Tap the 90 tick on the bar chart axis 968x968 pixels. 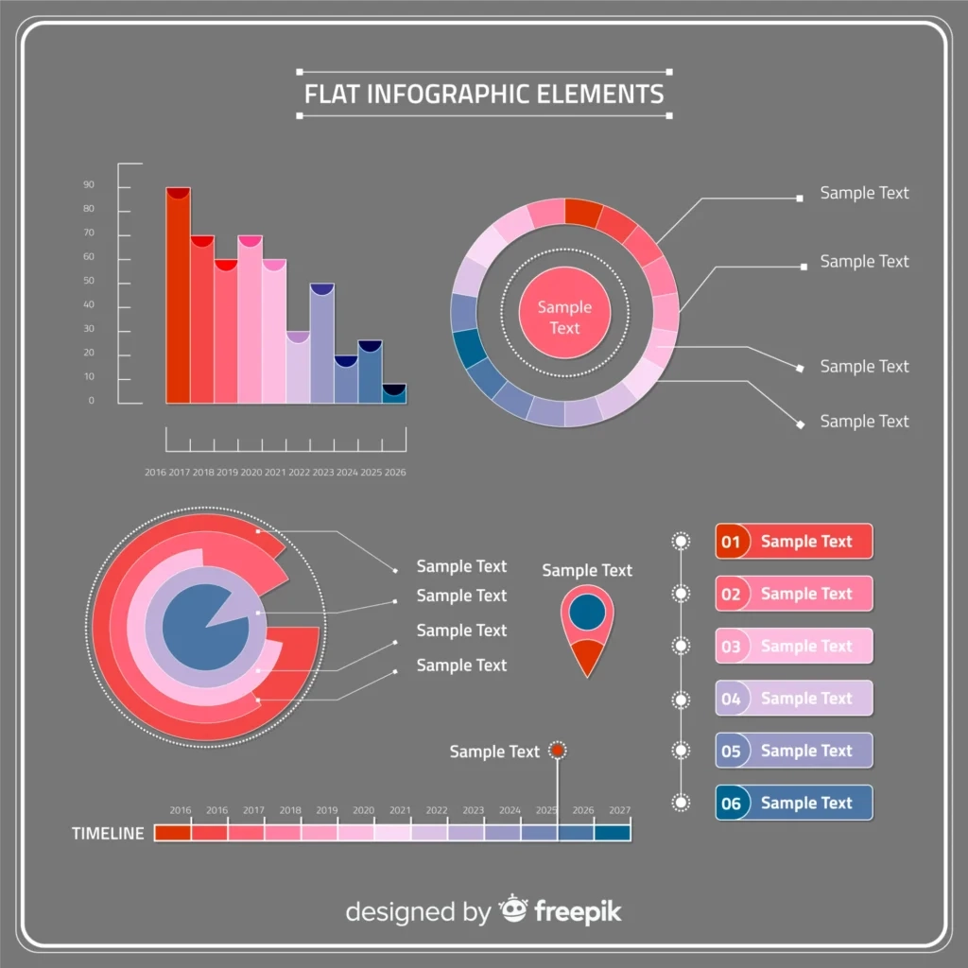pyautogui.click(x=89, y=185)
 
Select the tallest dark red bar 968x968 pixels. pyautogui.click(x=178, y=298)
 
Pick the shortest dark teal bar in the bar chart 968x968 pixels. pyautogui.click(x=394, y=394)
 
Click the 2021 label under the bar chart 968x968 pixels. pyautogui.click(x=275, y=472)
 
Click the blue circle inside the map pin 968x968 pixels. pyautogui.click(x=587, y=611)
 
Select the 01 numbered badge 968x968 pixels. pyautogui.click(x=731, y=542)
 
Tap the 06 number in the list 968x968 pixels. pyautogui.click(x=731, y=804)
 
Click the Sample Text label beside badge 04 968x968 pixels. pyautogui.click(x=806, y=699)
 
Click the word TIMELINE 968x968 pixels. pyautogui.click(x=109, y=834)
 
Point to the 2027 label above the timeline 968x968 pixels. pyautogui.click(x=620, y=810)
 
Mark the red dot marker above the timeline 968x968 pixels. pyautogui.click(x=558, y=751)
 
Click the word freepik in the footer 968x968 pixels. pyautogui.click(x=578, y=911)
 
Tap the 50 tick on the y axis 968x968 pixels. pyautogui.click(x=89, y=282)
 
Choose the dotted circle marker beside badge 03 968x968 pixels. pyautogui.click(x=681, y=646)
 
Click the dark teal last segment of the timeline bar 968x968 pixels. pyautogui.click(x=613, y=833)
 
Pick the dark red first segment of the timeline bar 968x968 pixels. pyautogui.click(x=172, y=833)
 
